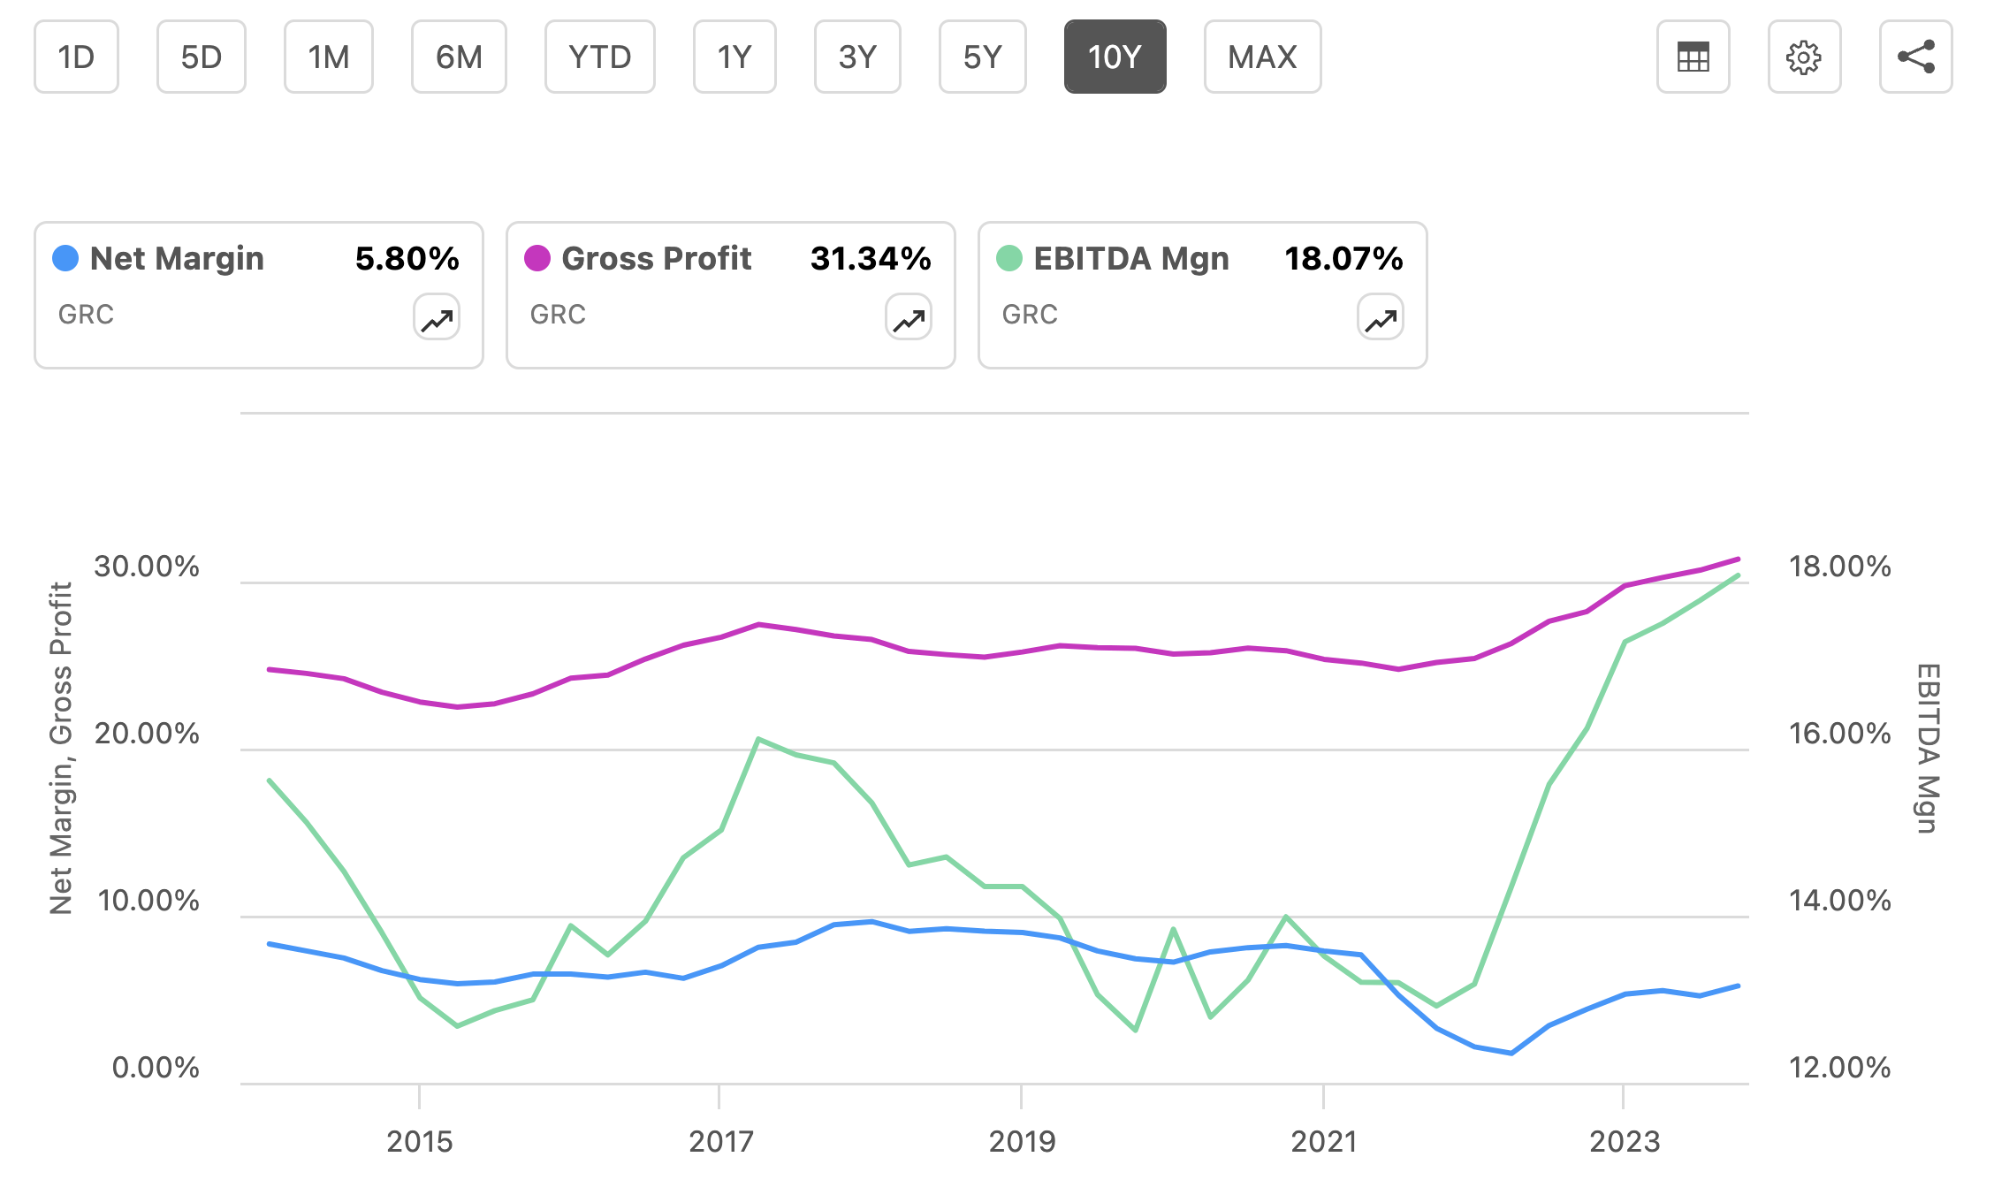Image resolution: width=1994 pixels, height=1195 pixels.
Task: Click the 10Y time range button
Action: (x=1115, y=57)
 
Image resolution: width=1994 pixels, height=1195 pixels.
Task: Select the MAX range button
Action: (x=1261, y=57)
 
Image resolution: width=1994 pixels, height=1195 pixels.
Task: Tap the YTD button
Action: (x=599, y=57)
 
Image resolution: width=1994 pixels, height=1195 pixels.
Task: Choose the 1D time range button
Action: (x=76, y=57)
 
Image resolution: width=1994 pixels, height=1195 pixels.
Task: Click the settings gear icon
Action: (x=1803, y=57)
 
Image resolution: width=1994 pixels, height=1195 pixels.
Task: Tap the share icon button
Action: (x=1915, y=57)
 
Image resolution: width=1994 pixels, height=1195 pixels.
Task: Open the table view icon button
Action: (x=1693, y=57)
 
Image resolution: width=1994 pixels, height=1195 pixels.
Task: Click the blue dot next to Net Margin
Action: (x=65, y=258)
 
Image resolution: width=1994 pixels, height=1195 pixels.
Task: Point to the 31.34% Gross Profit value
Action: (x=870, y=258)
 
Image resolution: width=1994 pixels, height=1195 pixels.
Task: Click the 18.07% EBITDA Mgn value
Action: (x=1343, y=258)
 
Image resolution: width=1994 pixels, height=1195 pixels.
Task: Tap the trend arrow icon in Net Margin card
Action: (x=437, y=317)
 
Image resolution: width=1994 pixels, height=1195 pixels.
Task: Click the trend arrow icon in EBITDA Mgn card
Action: (x=1380, y=317)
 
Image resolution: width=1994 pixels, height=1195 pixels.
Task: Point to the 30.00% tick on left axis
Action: (x=147, y=567)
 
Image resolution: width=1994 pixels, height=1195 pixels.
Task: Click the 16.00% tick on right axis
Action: (x=1839, y=733)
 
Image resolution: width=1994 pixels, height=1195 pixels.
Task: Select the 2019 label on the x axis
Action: (x=1022, y=1141)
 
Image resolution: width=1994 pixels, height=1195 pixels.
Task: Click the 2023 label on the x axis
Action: (x=1625, y=1141)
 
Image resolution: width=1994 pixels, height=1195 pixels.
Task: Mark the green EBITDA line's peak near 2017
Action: (x=758, y=738)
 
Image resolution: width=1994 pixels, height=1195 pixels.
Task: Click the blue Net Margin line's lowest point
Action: (x=1511, y=1053)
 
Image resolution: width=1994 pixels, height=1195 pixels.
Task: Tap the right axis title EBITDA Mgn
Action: (x=1928, y=748)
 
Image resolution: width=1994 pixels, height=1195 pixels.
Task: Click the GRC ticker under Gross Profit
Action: (x=558, y=315)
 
